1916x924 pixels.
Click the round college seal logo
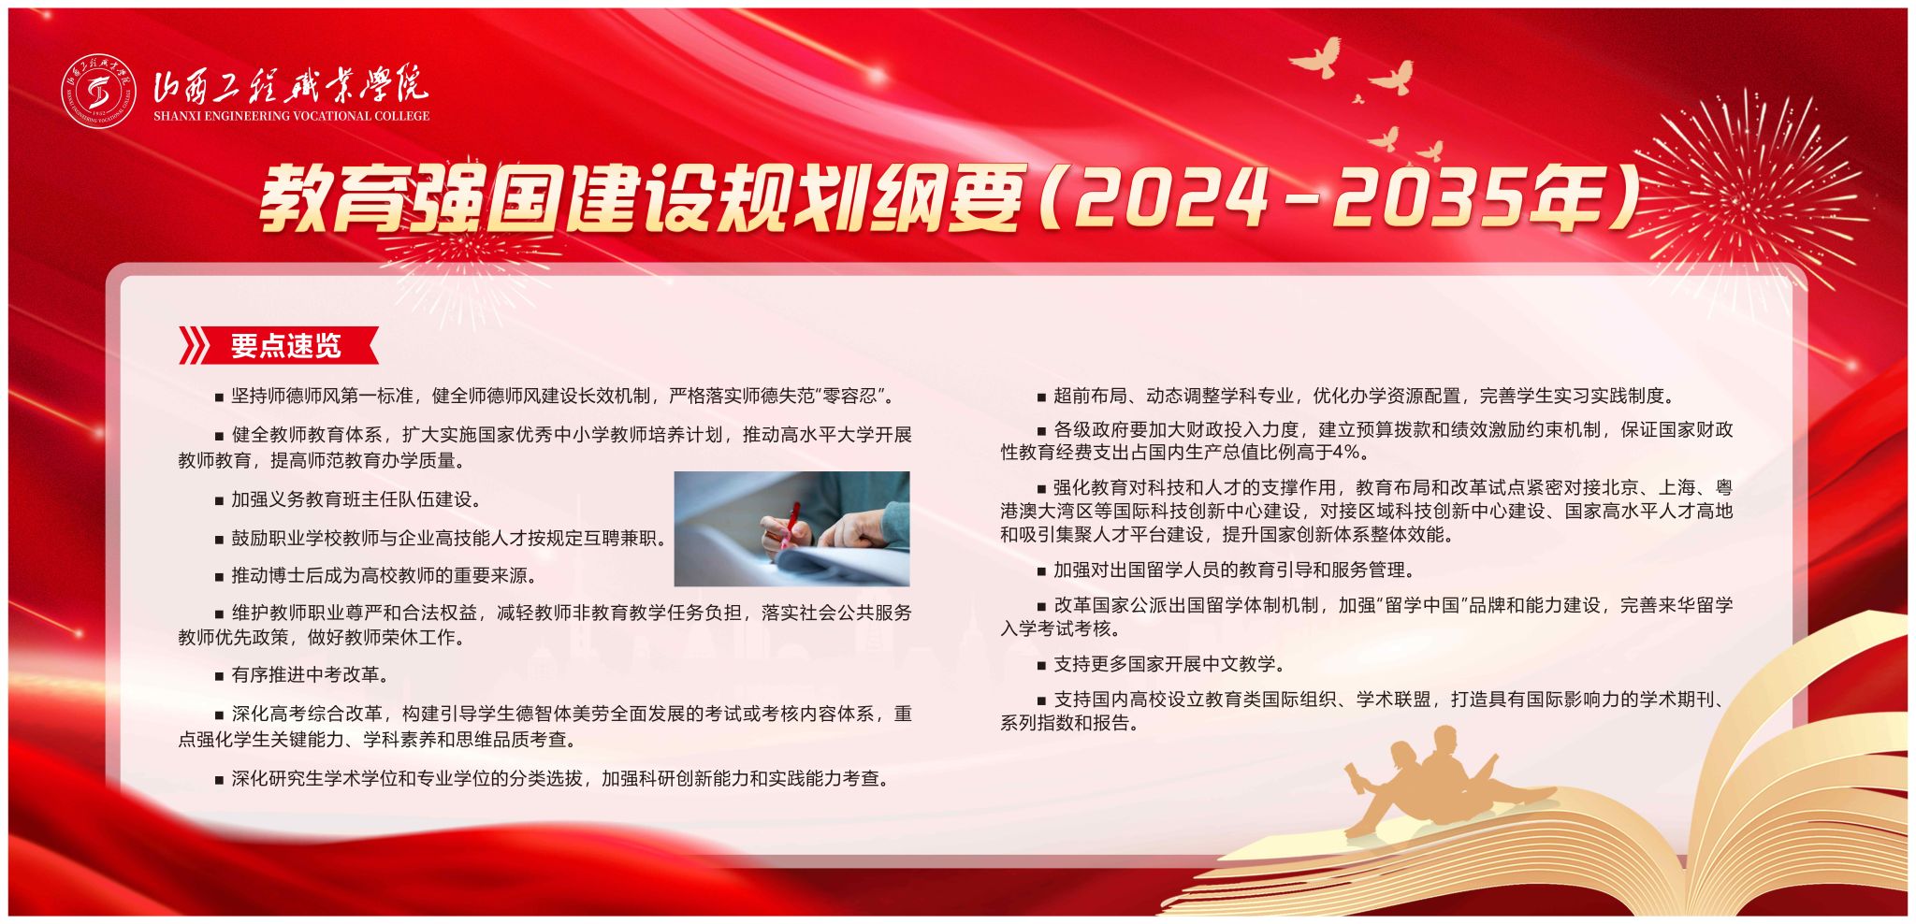99,92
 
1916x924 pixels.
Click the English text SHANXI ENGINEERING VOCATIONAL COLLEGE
291,116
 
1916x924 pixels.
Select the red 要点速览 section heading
286,346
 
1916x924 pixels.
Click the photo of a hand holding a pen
791,528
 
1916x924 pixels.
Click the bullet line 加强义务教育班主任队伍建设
348,499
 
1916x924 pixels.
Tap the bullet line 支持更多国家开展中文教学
1161,664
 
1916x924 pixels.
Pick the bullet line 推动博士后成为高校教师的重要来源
376,575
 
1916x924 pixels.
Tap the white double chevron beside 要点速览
194,346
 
